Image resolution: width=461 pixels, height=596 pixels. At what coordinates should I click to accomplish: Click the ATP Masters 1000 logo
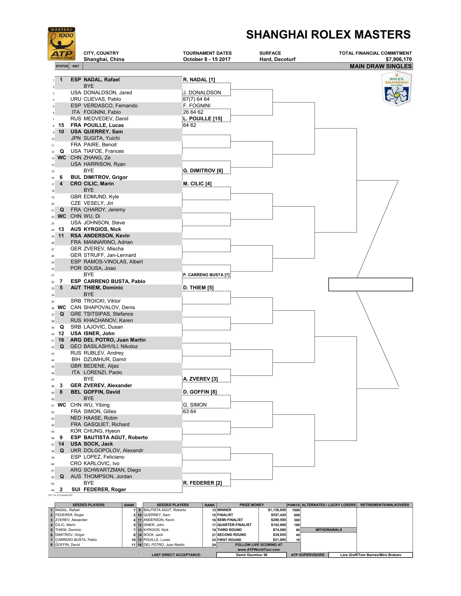point(62,44)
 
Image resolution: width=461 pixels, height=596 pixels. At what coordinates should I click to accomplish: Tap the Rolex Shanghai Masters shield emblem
point(396,89)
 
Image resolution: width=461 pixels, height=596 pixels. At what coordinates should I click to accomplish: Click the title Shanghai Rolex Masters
point(328,35)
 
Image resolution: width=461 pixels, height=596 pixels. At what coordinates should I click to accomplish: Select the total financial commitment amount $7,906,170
point(398,59)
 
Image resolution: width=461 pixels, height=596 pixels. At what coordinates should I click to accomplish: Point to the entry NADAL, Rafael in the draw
point(101,80)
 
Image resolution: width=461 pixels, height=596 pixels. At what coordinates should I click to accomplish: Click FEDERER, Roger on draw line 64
point(105,489)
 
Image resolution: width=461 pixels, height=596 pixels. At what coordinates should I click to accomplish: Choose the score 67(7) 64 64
point(196,99)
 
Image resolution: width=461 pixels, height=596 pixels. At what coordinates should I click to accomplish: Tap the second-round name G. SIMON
point(195,405)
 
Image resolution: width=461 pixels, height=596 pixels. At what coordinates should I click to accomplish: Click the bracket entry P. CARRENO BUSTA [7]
point(206,275)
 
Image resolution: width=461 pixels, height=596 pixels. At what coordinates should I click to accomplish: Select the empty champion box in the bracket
point(370,284)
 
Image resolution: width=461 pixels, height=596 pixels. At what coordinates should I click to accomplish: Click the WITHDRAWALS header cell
point(329,530)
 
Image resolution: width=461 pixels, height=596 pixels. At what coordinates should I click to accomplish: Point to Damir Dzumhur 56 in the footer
point(252,555)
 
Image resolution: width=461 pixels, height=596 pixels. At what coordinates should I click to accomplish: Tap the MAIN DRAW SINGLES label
point(380,66)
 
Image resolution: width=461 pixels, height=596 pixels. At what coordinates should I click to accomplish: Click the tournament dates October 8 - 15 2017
point(207,59)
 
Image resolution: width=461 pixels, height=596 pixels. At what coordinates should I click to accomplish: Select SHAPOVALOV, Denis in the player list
point(109,307)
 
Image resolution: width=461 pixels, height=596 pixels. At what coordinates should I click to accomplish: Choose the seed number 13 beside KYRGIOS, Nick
point(61,229)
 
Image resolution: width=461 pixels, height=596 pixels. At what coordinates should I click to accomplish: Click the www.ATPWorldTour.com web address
point(258,550)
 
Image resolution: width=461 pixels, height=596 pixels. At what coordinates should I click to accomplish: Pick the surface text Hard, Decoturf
point(277,59)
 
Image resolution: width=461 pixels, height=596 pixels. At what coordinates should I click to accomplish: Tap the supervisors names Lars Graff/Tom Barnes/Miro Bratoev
point(370,555)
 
